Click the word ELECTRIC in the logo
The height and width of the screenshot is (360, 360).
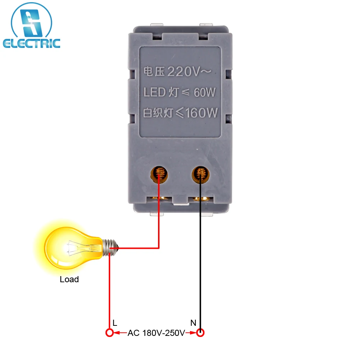[32, 44]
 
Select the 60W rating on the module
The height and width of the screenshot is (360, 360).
[204, 93]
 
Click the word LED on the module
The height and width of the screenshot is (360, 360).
[154, 93]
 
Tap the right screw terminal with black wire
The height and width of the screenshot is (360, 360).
[201, 174]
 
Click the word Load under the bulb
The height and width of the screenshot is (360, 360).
[69, 279]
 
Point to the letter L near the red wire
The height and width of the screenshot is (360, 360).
[115, 323]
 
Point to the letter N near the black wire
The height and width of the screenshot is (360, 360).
[193, 323]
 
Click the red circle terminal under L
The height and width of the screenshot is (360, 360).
[109, 333]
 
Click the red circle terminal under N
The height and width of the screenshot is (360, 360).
[201, 333]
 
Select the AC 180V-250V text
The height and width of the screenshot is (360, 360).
[156, 333]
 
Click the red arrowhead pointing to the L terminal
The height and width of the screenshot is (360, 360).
[117, 333]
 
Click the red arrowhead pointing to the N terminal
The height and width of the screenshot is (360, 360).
[193, 333]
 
